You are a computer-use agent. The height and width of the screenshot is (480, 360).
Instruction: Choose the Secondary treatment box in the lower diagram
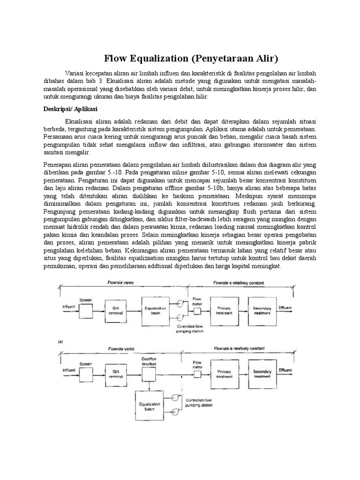(x=262, y=375)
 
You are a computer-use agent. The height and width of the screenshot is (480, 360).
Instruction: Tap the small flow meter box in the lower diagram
(x=197, y=374)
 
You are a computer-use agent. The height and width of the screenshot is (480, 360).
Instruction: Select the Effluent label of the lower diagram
(x=285, y=370)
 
